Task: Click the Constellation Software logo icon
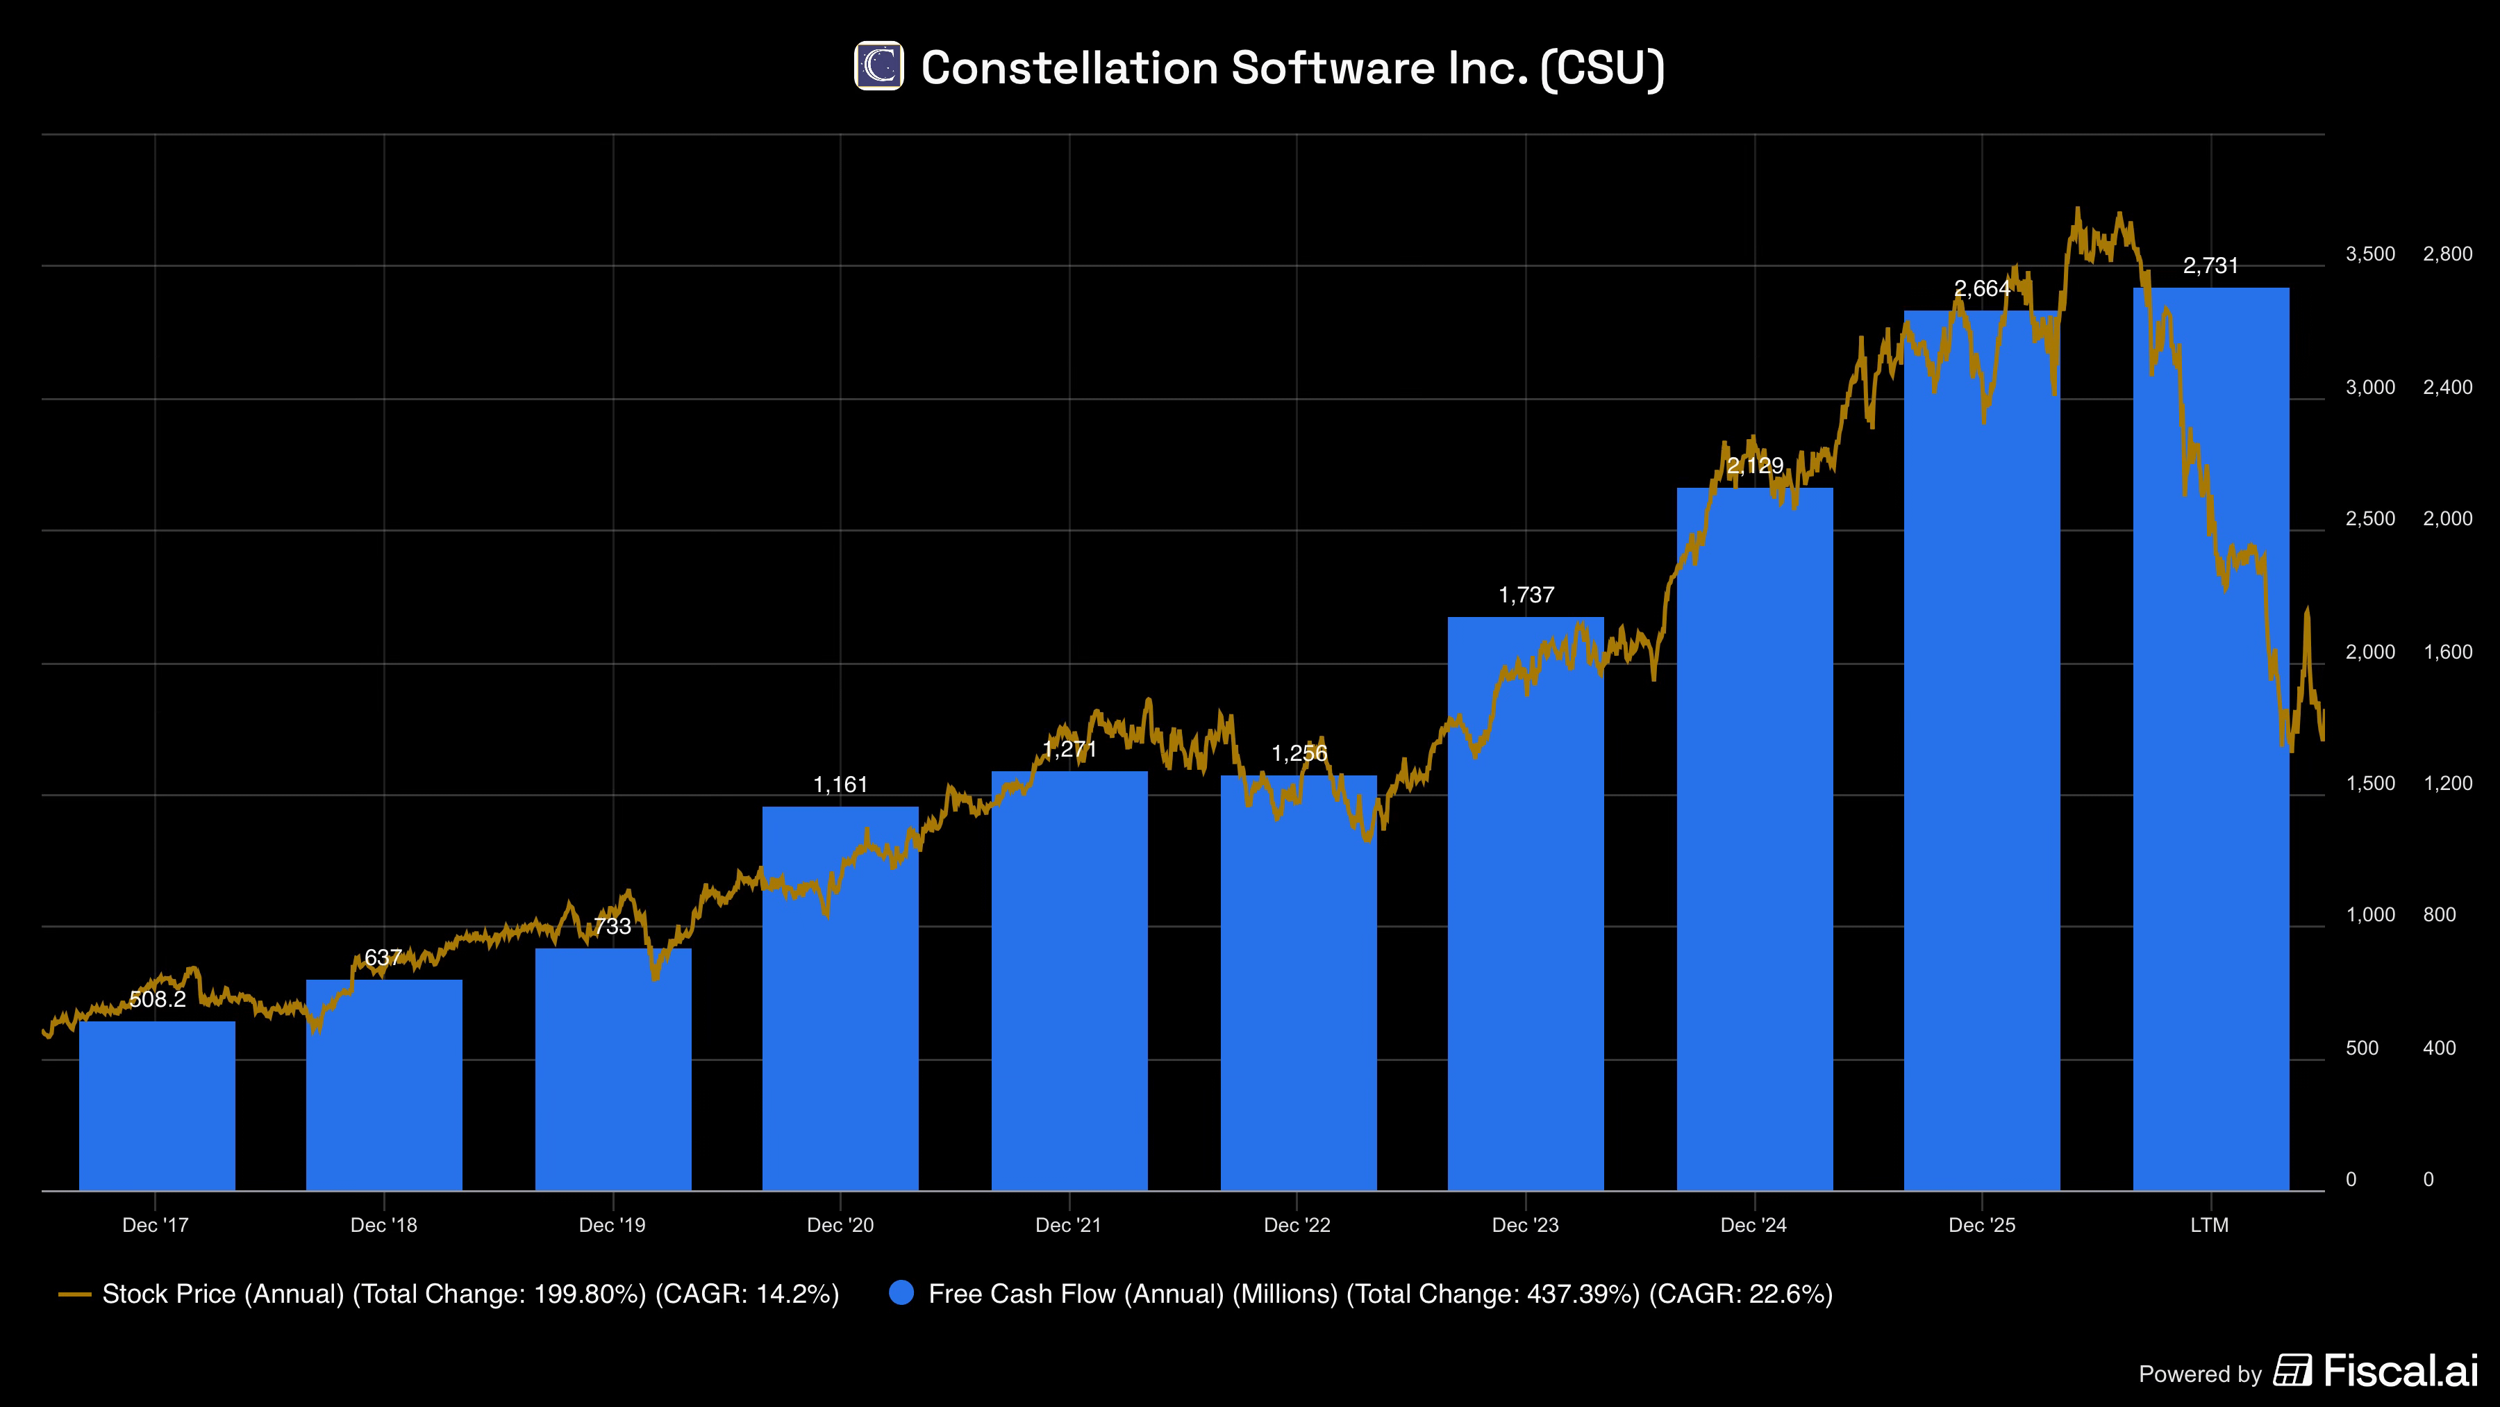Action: [x=878, y=66]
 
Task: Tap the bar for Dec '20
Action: [x=840, y=998]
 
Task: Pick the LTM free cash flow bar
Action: [x=2211, y=739]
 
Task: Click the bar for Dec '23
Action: [x=1526, y=903]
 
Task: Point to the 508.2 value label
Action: [x=157, y=999]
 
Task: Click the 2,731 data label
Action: [x=2211, y=266]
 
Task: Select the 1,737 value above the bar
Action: [x=1526, y=595]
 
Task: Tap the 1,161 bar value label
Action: [x=840, y=784]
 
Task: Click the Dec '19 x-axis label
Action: [x=612, y=1226]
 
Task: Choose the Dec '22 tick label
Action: [x=1297, y=1226]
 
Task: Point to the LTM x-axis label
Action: [x=2210, y=1226]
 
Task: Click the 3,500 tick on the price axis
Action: [x=2371, y=254]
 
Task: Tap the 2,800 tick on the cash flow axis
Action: [x=2449, y=254]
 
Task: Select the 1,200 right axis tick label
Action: [x=2449, y=784]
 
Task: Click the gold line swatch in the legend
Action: [x=75, y=1294]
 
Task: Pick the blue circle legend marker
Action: [x=901, y=1293]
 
